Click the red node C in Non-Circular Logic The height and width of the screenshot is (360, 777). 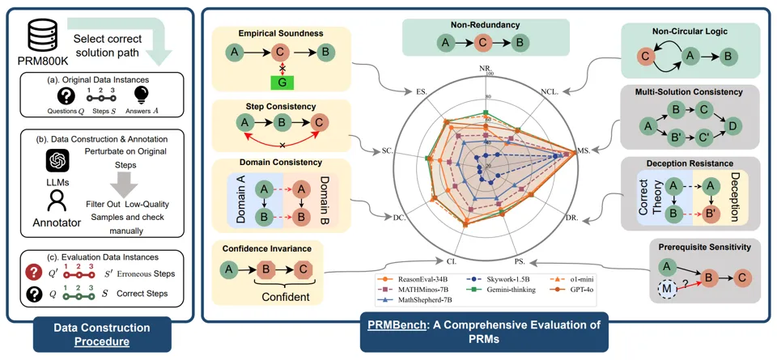(x=646, y=57)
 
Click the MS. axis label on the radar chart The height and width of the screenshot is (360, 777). (x=583, y=150)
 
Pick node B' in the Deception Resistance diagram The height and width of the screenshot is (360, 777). (x=711, y=214)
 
